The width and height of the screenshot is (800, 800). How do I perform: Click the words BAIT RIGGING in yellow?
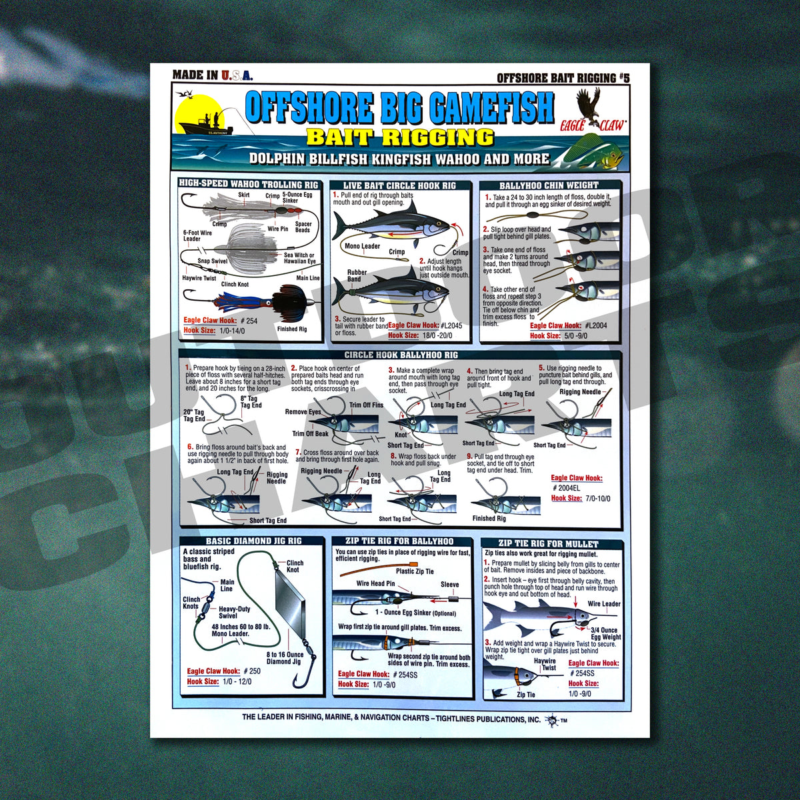400,137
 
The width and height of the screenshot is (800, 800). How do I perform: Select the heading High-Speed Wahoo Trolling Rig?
248,183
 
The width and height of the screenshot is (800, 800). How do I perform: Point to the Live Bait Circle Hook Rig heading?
400,185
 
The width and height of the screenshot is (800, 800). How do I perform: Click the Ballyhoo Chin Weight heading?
549,185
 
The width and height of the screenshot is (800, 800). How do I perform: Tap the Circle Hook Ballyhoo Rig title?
401,355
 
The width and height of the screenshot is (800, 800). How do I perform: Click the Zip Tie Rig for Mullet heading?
548,543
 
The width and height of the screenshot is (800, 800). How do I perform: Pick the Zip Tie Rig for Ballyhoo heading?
399,541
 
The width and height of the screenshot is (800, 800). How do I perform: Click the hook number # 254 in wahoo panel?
249,321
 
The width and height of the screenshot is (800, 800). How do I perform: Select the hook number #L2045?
451,325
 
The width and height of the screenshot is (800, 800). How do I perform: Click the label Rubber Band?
357,275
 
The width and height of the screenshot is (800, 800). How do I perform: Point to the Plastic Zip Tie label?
415,571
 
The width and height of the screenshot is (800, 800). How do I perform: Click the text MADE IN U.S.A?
212,75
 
